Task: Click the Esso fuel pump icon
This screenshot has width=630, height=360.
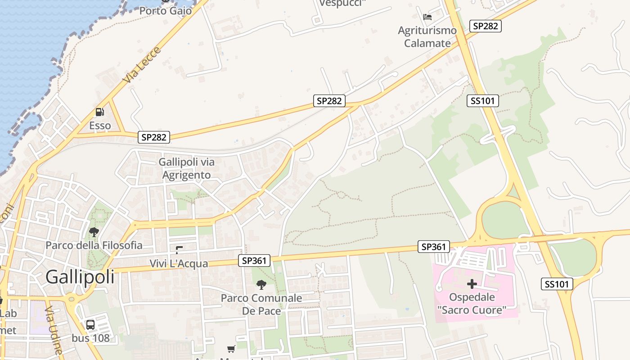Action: [x=99, y=112]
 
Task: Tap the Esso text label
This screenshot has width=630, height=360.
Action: [x=100, y=126]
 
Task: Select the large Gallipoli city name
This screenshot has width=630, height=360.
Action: [x=80, y=277]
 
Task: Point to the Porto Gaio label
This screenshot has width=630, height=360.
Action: [x=166, y=10]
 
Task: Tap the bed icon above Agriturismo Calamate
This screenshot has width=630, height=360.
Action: [x=427, y=17]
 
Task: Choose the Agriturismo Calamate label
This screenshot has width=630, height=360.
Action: [x=427, y=37]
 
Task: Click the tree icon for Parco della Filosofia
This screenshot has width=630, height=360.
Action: [x=94, y=232]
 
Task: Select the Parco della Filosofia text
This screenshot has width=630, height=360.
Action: [x=94, y=245]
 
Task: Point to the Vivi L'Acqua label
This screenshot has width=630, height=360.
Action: [x=179, y=263]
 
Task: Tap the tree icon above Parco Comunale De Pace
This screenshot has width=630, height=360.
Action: [x=261, y=284]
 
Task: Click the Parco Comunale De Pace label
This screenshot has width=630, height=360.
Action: [x=261, y=304]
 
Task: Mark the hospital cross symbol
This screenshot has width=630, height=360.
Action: [x=472, y=284]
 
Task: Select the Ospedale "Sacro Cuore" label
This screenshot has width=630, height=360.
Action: [x=472, y=303]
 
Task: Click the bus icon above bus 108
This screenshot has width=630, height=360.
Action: [x=90, y=324]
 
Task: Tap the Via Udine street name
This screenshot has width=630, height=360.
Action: [x=54, y=331]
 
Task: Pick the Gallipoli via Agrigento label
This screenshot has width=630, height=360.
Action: [x=186, y=168]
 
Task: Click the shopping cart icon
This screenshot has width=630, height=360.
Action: [x=231, y=349]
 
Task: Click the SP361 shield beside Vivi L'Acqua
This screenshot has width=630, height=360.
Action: [x=254, y=260]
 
